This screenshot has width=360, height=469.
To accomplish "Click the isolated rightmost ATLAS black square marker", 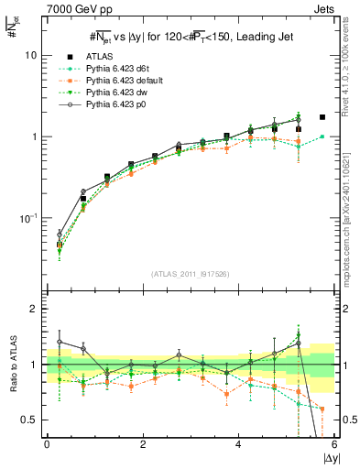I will [322, 117].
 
